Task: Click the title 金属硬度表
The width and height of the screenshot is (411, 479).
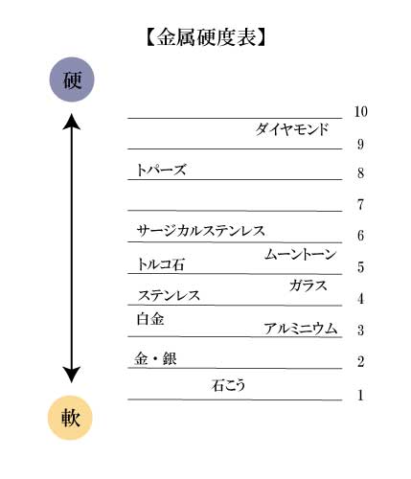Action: tap(206, 37)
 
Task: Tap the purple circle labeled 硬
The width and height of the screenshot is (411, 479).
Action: tap(72, 80)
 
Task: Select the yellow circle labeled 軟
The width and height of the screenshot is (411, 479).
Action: tap(70, 418)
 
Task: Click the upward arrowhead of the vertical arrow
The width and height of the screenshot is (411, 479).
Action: tap(72, 122)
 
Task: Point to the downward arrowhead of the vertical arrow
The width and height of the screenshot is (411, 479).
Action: tap(72, 375)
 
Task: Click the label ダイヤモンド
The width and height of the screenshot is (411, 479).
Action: tap(292, 129)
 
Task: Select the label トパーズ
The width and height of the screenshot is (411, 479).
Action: tap(161, 170)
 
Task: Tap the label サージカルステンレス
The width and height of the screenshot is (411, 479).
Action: tap(201, 231)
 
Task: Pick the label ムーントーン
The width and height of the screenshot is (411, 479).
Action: tap(300, 255)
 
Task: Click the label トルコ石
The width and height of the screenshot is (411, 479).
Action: tap(160, 264)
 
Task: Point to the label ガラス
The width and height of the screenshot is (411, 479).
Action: tap(308, 285)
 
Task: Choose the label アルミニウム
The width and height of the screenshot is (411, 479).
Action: tap(301, 329)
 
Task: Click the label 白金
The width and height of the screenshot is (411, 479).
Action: tap(150, 319)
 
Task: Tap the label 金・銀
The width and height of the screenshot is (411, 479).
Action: tap(155, 358)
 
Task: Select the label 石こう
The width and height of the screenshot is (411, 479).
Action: tap(228, 385)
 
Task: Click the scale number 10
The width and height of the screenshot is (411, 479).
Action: tap(361, 111)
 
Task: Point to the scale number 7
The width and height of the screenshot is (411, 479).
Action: tap(360, 204)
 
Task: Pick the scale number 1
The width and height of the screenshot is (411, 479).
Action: tap(360, 396)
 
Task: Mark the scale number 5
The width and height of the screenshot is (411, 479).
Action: tap(360, 267)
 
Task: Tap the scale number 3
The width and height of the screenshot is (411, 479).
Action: tap(360, 330)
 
